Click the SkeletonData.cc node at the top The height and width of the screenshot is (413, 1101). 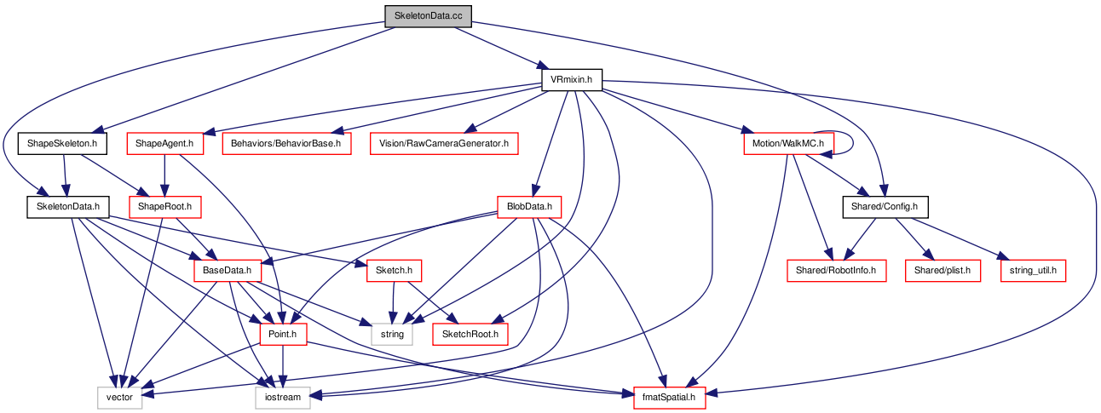428,16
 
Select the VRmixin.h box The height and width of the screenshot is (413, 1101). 572,79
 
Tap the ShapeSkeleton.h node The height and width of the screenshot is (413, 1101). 62,143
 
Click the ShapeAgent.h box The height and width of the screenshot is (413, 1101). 164,143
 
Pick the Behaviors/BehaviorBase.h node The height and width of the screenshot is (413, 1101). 286,143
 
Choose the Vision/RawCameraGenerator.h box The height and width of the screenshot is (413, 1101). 444,143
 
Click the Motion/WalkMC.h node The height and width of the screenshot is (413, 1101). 788,143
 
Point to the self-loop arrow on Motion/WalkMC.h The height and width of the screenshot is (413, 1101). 853,143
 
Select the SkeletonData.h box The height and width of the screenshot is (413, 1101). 68,207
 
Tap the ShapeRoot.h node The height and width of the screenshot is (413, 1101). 164,207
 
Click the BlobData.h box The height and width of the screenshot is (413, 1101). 529,207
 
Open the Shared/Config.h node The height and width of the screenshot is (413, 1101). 885,207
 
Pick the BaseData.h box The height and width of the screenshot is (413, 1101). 227,271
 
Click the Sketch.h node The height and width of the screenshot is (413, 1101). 394,271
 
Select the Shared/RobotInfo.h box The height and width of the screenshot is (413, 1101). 836,271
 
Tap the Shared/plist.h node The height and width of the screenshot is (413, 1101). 942,271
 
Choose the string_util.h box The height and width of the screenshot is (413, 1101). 1033,271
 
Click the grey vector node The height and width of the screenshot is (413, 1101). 119,398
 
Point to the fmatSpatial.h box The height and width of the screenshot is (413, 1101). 669,398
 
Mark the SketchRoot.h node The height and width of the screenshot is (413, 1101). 470,335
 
